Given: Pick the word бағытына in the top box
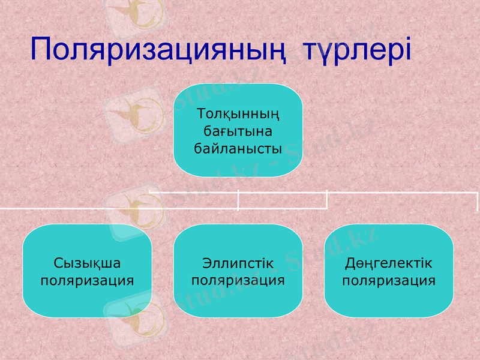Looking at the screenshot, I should tap(238, 130).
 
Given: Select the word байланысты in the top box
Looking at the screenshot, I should tap(238, 147).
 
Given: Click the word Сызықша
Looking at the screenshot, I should tap(87, 263).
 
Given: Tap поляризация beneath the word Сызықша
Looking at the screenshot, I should tap(87, 280).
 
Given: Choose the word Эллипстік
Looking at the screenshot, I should tap(238, 263).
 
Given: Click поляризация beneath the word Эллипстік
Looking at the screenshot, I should tap(238, 280).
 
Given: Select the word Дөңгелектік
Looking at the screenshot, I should tap(389, 263).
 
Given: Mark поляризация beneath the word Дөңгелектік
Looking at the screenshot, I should tap(389, 280).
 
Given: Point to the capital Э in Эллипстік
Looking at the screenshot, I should tap(206, 263).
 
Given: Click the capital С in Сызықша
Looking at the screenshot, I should tap(58, 263).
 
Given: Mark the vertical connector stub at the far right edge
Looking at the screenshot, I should tap(478, 201).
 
